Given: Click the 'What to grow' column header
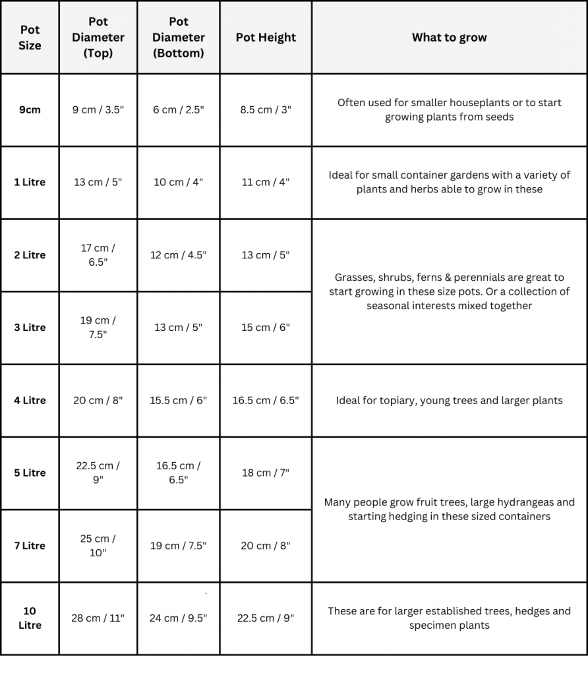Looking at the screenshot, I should coord(449,38).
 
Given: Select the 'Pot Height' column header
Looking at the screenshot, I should coord(266,38).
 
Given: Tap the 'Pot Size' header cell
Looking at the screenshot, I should coord(30,38).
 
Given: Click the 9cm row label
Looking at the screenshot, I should coord(30,110).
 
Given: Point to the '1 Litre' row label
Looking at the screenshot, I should coord(30,182).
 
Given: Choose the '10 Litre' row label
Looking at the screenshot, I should coord(30,618).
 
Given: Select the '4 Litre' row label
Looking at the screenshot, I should coord(30,400).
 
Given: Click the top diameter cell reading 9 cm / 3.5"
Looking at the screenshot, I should coord(98,110).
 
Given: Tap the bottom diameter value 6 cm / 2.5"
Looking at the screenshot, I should coord(178,110).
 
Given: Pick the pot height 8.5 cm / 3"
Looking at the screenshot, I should coord(266,110).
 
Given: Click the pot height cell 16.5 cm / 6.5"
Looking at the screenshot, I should coord(266,400).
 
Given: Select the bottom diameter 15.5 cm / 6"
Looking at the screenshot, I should coord(178,400).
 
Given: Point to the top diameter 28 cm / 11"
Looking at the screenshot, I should coord(98,618).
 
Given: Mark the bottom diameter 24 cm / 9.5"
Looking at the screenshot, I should coord(178,618).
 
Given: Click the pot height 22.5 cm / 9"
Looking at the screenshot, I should coord(266,618).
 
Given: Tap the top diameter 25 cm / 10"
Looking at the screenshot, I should coord(98,545).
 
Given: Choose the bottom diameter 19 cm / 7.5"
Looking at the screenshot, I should coord(178,545).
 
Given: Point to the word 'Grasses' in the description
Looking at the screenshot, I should coord(354,278).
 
